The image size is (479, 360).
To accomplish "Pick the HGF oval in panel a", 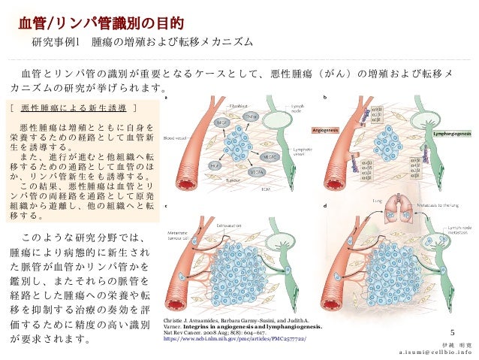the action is coord(194,165).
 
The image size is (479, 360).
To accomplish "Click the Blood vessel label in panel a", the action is coord(174,138).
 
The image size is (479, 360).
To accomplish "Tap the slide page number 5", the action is coord(452,332).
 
